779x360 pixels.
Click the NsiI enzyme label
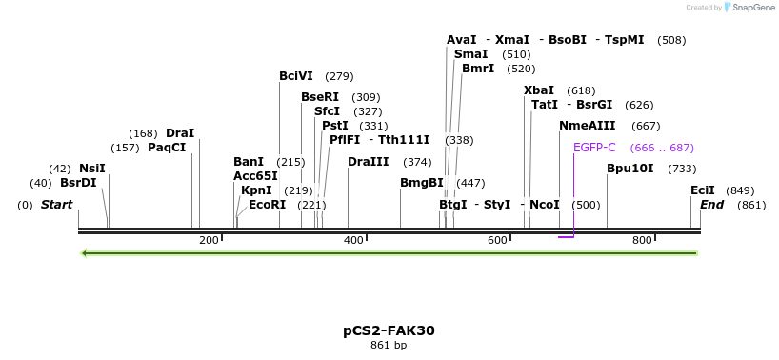tap(92, 169)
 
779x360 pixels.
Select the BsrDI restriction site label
tap(78, 183)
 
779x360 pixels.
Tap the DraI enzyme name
tap(180, 133)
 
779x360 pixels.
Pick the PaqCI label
tap(167, 148)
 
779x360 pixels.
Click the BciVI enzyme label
tap(296, 76)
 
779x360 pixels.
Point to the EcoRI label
tap(268, 205)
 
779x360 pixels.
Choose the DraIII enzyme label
tap(369, 162)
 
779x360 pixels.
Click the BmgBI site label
tap(422, 183)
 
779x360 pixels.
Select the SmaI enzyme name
tap(470, 54)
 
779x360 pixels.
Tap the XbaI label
tap(539, 90)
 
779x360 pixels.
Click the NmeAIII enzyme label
tap(588, 126)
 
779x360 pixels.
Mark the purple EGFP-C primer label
tap(595, 148)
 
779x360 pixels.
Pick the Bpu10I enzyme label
tap(630, 169)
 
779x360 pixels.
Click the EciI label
tap(703, 190)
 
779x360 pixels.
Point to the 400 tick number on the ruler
tap(353, 240)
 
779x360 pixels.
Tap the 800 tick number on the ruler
tap(642, 240)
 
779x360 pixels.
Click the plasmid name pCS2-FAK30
tap(389, 330)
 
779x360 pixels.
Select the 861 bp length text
tap(389, 345)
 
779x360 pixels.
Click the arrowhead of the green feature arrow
tap(86, 253)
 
